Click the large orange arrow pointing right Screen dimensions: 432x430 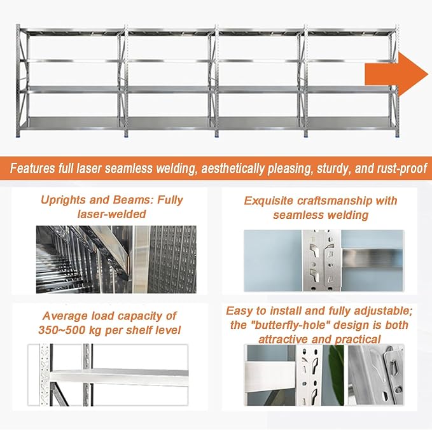pyautogui.click(x=396, y=74)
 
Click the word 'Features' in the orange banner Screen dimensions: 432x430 pyautogui.click(x=32, y=169)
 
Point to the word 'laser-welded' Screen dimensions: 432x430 pyautogui.click(x=111, y=214)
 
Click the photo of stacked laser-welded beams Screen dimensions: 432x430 pyautogui.click(x=116, y=260)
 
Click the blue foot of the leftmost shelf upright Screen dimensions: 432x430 pyautogui.click(x=18, y=135)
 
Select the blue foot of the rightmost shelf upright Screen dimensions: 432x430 pyautogui.click(x=397, y=135)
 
